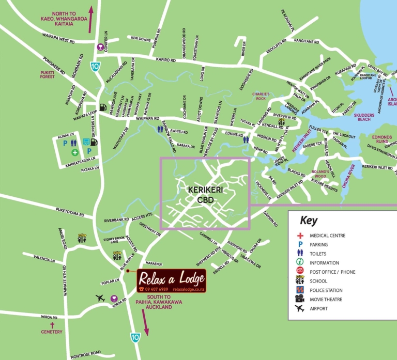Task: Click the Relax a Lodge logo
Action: [x=171, y=280]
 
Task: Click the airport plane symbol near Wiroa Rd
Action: [x=101, y=298]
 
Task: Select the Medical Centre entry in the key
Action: [x=327, y=236]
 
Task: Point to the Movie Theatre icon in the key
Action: [x=300, y=299]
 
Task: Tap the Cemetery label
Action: [x=52, y=332]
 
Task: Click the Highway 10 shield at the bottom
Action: [x=135, y=337]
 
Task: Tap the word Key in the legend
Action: [x=309, y=221]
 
